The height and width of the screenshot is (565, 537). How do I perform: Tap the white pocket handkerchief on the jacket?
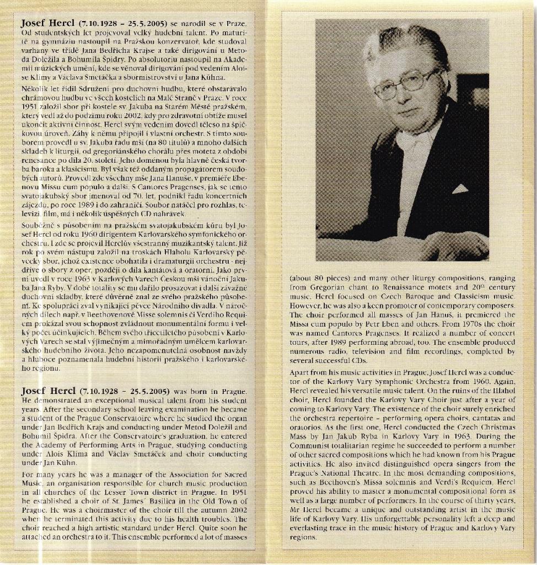click(460, 189)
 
